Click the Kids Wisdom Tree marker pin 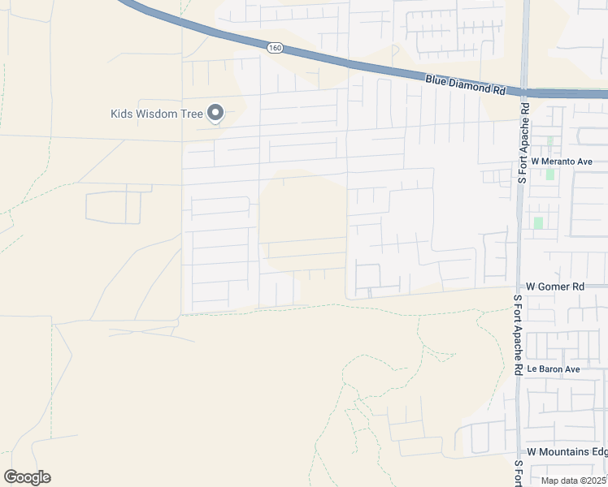pyautogui.click(x=215, y=114)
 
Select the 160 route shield pyautogui.click(x=276, y=49)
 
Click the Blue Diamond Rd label pyautogui.click(x=465, y=84)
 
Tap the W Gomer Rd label pyautogui.click(x=555, y=287)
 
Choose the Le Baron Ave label pyautogui.click(x=553, y=369)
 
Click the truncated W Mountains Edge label pyautogui.click(x=567, y=451)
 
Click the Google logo pyautogui.click(x=27, y=476)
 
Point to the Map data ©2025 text pyautogui.click(x=573, y=481)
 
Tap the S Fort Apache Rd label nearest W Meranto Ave pyautogui.click(x=523, y=142)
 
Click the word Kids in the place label pyautogui.click(x=122, y=114)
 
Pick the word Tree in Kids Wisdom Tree pyautogui.click(x=191, y=114)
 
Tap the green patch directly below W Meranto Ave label pyautogui.click(x=550, y=174)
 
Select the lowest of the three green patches pyautogui.click(x=538, y=222)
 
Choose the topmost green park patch pyautogui.click(x=549, y=141)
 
